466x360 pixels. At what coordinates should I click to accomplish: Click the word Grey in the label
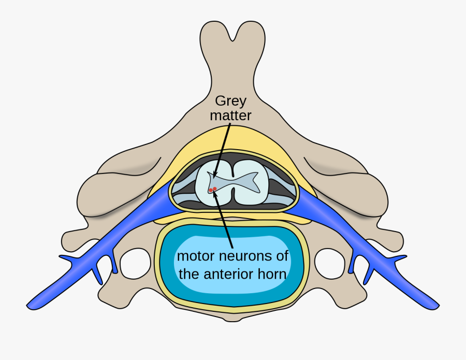(x=230, y=100)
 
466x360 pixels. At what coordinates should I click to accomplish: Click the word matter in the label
(x=230, y=115)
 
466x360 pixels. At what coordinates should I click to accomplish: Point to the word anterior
(x=229, y=273)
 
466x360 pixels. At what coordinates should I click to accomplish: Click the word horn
(x=272, y=273)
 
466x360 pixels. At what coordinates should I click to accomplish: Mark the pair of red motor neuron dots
(x=212, y=190)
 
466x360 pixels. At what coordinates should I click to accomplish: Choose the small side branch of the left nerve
(x=67, y=257)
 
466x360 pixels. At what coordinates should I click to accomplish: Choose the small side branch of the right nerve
(x=399, y=257)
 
